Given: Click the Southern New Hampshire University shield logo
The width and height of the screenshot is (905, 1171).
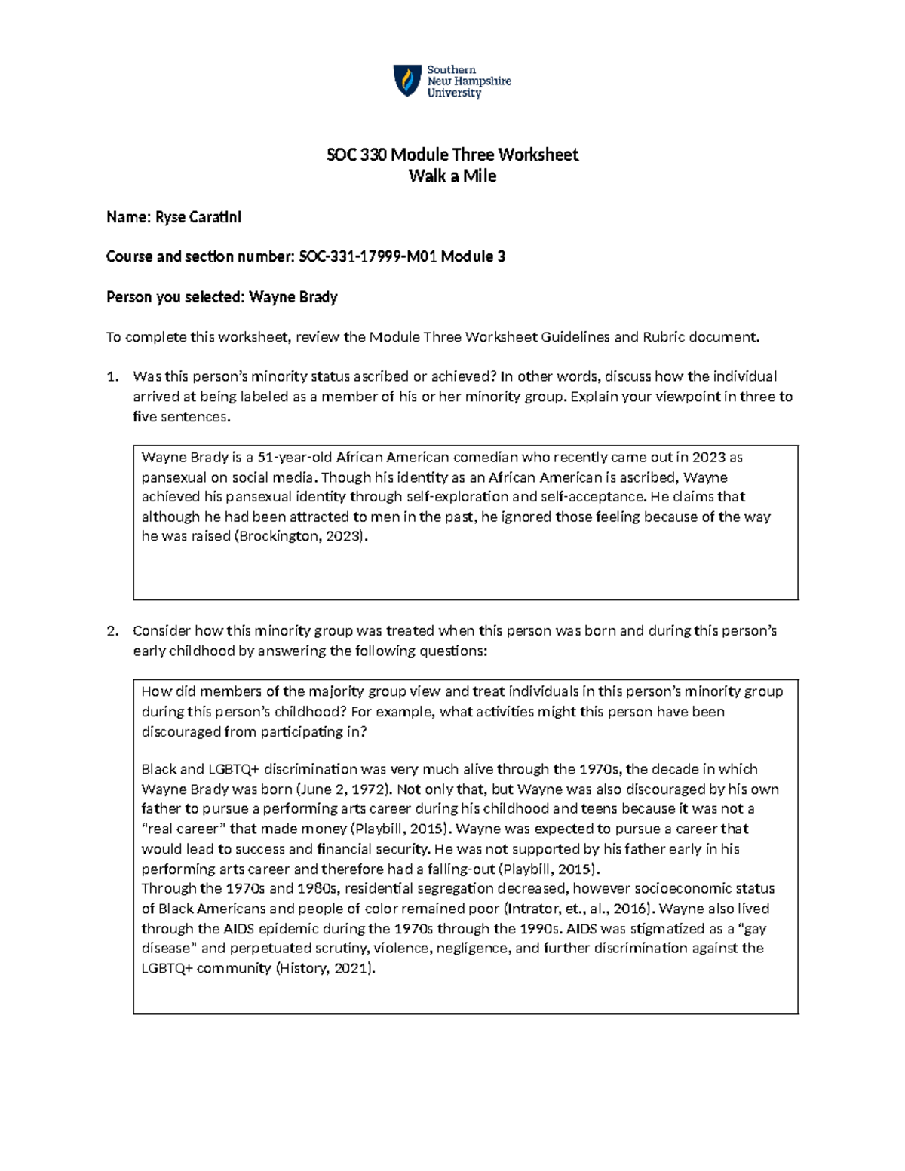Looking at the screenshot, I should click(x=407, y=81).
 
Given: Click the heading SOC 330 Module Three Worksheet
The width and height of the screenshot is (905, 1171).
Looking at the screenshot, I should click(x=452, y=155).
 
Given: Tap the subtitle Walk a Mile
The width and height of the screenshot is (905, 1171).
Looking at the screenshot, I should click(x=452, y=176).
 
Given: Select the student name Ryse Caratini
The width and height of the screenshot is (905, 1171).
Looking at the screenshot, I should click(x=198, y=218).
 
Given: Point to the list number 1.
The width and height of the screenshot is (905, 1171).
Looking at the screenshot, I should click(x=112, y=377).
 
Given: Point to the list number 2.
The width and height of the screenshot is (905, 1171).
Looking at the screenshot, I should click(x=112, y=631).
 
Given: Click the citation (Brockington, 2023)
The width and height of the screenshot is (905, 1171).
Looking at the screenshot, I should click(x=302, y=537).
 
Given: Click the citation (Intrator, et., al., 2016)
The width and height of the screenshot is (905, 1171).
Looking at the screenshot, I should click(x=575, y=909).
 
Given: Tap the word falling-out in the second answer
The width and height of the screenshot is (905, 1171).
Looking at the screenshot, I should click(x=466, y=869).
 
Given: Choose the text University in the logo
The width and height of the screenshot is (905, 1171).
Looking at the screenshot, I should click(x=454, y=93).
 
